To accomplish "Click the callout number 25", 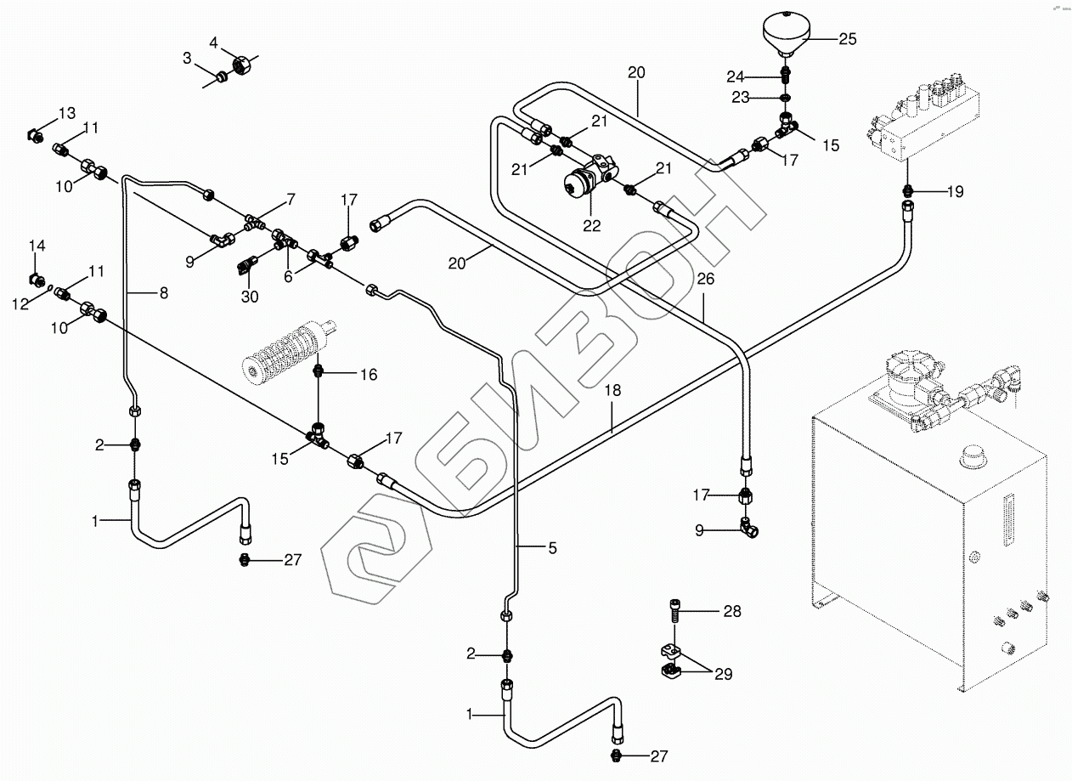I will coord(848,38).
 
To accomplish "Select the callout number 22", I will coord(591,225).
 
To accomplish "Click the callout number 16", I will coord(368,374).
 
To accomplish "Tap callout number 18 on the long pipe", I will coord(613,390).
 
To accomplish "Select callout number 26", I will coord(707,278).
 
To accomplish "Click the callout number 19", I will coord(955,191).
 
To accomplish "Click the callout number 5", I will coord(552,548).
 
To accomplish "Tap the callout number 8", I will coord(163,292).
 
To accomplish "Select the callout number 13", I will coord(67,113).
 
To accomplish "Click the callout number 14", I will coord(37,246).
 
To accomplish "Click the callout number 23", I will coord(741,98).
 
